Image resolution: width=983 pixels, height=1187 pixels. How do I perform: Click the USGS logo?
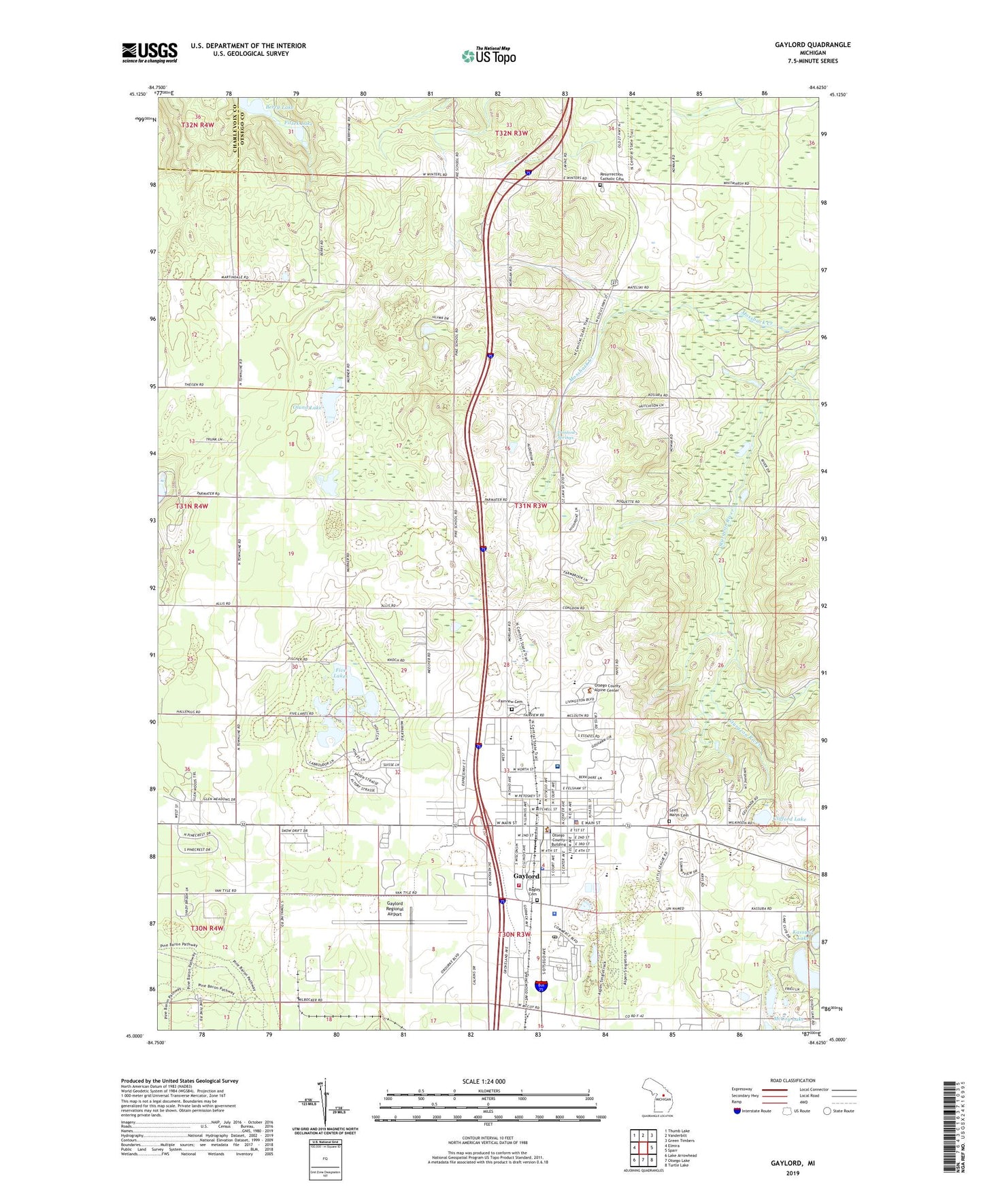coord(150,52)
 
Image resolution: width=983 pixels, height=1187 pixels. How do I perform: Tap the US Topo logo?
coord(488,56)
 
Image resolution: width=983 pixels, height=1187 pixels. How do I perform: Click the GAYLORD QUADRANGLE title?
coord(812,45)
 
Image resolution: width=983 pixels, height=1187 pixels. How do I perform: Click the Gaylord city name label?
coord(526,876)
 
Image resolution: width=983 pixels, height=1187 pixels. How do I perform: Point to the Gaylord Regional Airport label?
coord(395,909)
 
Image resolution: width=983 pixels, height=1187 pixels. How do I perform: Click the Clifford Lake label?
coord(790,819)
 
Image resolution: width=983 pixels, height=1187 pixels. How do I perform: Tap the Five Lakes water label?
coord(341,672)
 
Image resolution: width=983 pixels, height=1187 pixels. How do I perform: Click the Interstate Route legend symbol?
coord(737,1111)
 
